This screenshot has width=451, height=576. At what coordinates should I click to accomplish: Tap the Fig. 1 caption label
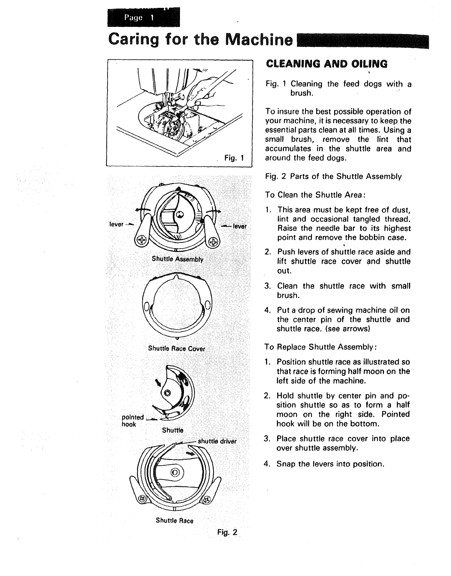pyautogui.click(x=234, y=158)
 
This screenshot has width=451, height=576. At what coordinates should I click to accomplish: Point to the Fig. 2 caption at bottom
pyautogui.click(x=227, y=532)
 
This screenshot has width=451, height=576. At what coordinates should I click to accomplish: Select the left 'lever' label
pyautogui.click(x=116, y=225)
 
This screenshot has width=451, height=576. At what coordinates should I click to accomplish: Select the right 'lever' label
pyautogui.click(x=240, y=226)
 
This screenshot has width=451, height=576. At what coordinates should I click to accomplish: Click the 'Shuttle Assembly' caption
pyautogui.click(x=177, y=259)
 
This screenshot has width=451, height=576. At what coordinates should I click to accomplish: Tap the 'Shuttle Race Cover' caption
pyautogui.click(x=176, y=348)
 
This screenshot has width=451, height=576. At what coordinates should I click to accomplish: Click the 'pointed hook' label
pyautogui.click(x=133, y=421)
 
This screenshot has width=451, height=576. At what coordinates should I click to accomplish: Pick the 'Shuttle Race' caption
pyautogui.click(x=175, y=520)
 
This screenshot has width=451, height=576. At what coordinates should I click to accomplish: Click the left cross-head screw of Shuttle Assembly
pyautogui.click(x=142, y=240)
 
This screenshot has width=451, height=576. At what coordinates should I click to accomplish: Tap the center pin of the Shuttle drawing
pyautogui.click(x=167, y=393)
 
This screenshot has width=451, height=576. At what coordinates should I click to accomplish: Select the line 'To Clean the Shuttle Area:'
pyautogui.click(x=315, y=195)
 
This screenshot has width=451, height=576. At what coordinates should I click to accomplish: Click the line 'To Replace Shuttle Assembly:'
pyautogui.click(x=320, y=347)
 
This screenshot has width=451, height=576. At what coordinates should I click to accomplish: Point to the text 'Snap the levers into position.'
pyautogui.click(x=330, y=464)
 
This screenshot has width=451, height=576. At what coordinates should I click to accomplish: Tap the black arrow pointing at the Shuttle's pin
pyautogui.click(x=157, y=384)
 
